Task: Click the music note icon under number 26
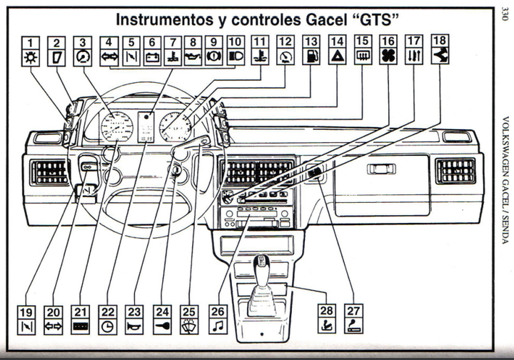(x=218, y=327)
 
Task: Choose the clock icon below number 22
(x=107, y=327)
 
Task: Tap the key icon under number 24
(x=162, y=327)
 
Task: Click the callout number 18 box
(x=440, y=41)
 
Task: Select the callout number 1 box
(x=31, y=42)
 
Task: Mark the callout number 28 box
(x=327, y=309)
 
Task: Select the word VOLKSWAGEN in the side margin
(x=504, y=146)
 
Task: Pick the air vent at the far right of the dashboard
(x=455, y=171)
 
